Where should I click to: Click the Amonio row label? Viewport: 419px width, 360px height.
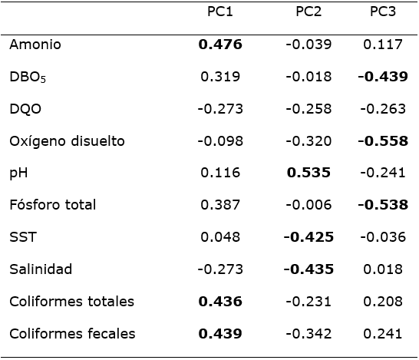click(35, 45)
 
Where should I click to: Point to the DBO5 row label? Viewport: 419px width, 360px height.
click(29, 77)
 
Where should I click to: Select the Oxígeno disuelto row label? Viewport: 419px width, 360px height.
click(67, 140)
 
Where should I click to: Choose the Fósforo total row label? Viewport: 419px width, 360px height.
click(52, 205)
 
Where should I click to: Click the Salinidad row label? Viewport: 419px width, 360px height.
click(41, 269)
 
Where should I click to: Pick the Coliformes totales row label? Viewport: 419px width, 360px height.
click(71, 301)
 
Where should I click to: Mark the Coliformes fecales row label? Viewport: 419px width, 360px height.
click(72, 333)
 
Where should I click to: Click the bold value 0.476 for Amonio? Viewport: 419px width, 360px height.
click(220, 45)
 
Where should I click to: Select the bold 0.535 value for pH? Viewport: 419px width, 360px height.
click(308, 173)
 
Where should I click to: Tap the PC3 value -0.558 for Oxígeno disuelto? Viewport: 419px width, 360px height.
click(382, 140)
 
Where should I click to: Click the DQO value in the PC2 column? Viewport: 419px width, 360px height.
click(308, 108)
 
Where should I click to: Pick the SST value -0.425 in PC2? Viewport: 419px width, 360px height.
click(308, 236)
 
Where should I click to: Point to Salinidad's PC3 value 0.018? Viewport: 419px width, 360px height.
click(382, 269)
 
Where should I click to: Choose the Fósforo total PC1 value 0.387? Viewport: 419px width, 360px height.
click(220, 205)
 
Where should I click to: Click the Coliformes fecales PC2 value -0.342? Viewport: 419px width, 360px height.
click(308, 333)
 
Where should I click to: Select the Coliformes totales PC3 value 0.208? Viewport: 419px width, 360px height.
click(382, 301)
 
